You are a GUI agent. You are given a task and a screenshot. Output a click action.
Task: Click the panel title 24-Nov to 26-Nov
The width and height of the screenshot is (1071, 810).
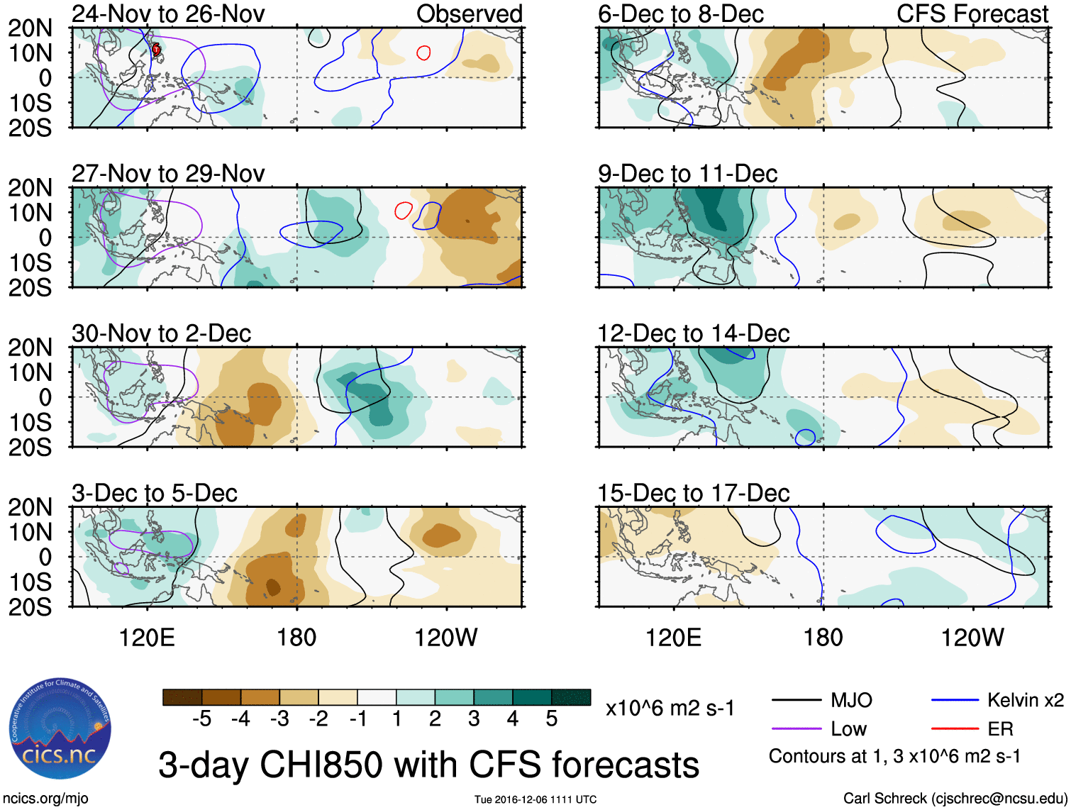[168, 13]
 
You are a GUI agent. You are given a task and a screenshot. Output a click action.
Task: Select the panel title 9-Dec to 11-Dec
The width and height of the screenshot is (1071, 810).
[687, 174]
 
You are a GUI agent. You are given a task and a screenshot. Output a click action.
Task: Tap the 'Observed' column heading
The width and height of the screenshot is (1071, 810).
[469, 13]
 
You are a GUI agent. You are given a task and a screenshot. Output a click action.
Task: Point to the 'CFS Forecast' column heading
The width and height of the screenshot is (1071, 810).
[972, 13]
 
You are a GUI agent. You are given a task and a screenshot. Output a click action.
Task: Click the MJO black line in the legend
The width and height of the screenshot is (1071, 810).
[797, 701]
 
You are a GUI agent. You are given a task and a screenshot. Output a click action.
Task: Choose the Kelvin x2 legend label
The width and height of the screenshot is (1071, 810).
[1025, 701]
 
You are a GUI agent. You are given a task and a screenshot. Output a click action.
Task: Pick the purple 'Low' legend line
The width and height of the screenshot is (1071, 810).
[797, 729]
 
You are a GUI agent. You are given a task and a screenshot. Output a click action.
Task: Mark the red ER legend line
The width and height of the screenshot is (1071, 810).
[955, 729]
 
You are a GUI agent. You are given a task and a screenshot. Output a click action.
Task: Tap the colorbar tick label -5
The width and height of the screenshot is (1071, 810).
[201, 719]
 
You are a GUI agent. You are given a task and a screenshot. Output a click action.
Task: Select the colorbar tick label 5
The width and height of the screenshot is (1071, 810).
[551, 719]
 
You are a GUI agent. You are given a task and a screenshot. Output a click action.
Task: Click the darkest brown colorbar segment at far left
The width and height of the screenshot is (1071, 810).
[182, 697]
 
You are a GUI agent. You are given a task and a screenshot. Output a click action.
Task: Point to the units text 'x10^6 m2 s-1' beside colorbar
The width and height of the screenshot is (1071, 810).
[670, 709]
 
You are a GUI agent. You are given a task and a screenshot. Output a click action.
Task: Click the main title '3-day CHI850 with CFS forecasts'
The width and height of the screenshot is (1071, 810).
[428, 765]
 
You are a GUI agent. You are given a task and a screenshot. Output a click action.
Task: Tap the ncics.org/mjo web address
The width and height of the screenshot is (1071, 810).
[45, 799]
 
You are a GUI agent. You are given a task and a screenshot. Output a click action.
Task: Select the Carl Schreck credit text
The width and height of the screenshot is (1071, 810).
[955, 799]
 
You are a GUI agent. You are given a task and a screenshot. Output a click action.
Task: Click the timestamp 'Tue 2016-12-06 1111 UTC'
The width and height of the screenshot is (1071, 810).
[535, 799]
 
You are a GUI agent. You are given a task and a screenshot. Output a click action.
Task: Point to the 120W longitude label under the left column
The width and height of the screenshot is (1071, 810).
[445, 638]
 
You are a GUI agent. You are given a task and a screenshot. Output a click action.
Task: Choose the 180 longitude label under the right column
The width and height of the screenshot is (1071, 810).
[823, 638]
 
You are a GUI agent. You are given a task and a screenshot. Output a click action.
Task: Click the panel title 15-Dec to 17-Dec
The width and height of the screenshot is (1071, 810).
[693, 493]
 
